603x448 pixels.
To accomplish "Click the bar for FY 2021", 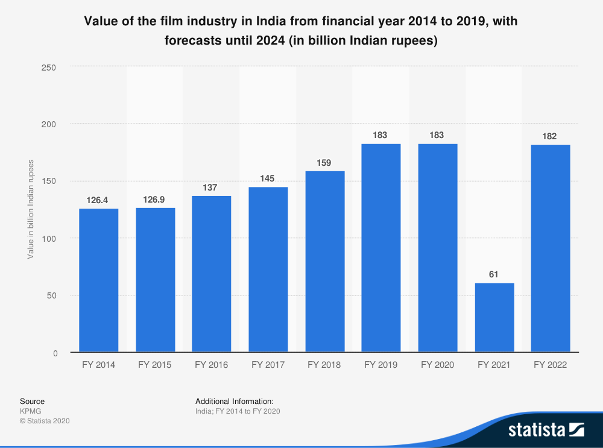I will (494, 318).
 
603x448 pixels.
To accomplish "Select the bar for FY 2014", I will (99, 280).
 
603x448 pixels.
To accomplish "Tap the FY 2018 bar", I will (325, 262).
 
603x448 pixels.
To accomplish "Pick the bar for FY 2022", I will (551, 248).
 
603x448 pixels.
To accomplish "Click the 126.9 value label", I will (155, 199).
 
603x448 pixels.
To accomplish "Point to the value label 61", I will (494, 274).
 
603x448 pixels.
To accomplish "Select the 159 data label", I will (324, 162).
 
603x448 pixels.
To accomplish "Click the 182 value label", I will (551, 136).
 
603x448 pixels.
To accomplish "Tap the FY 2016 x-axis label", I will (212, 365).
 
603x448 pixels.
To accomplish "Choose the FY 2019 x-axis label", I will (381, 365).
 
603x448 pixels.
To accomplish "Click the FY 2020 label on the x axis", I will (438, 365).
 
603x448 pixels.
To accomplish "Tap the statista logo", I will (546, 430).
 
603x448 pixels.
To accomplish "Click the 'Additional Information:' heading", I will (235, 401).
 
